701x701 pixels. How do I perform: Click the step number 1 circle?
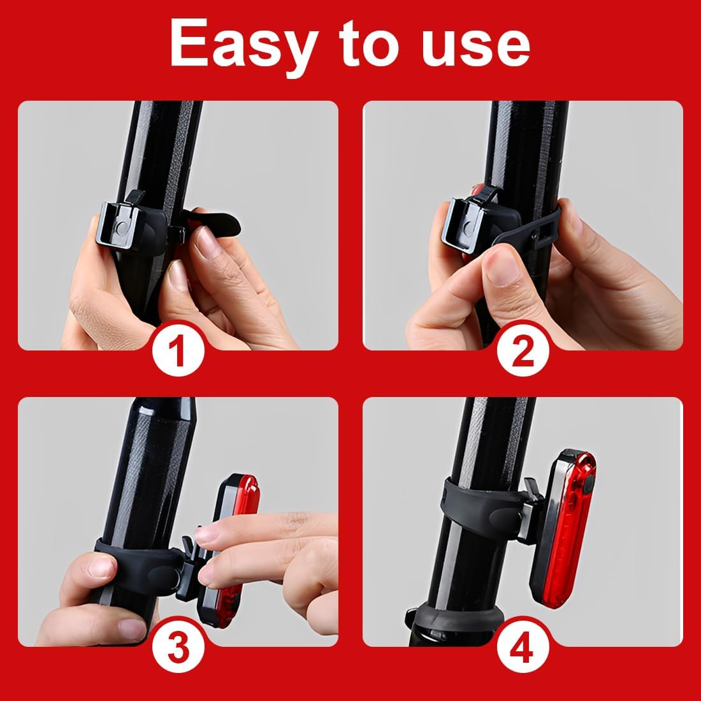[x=178, y=350]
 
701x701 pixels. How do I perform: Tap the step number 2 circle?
[x=523, y=350]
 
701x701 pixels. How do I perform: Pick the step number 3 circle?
[x=178, y=646]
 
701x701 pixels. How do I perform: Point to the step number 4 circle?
[x=523, y=646]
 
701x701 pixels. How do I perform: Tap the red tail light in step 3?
[x=229, y=550]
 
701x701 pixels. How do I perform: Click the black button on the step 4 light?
[x=588, y=481]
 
